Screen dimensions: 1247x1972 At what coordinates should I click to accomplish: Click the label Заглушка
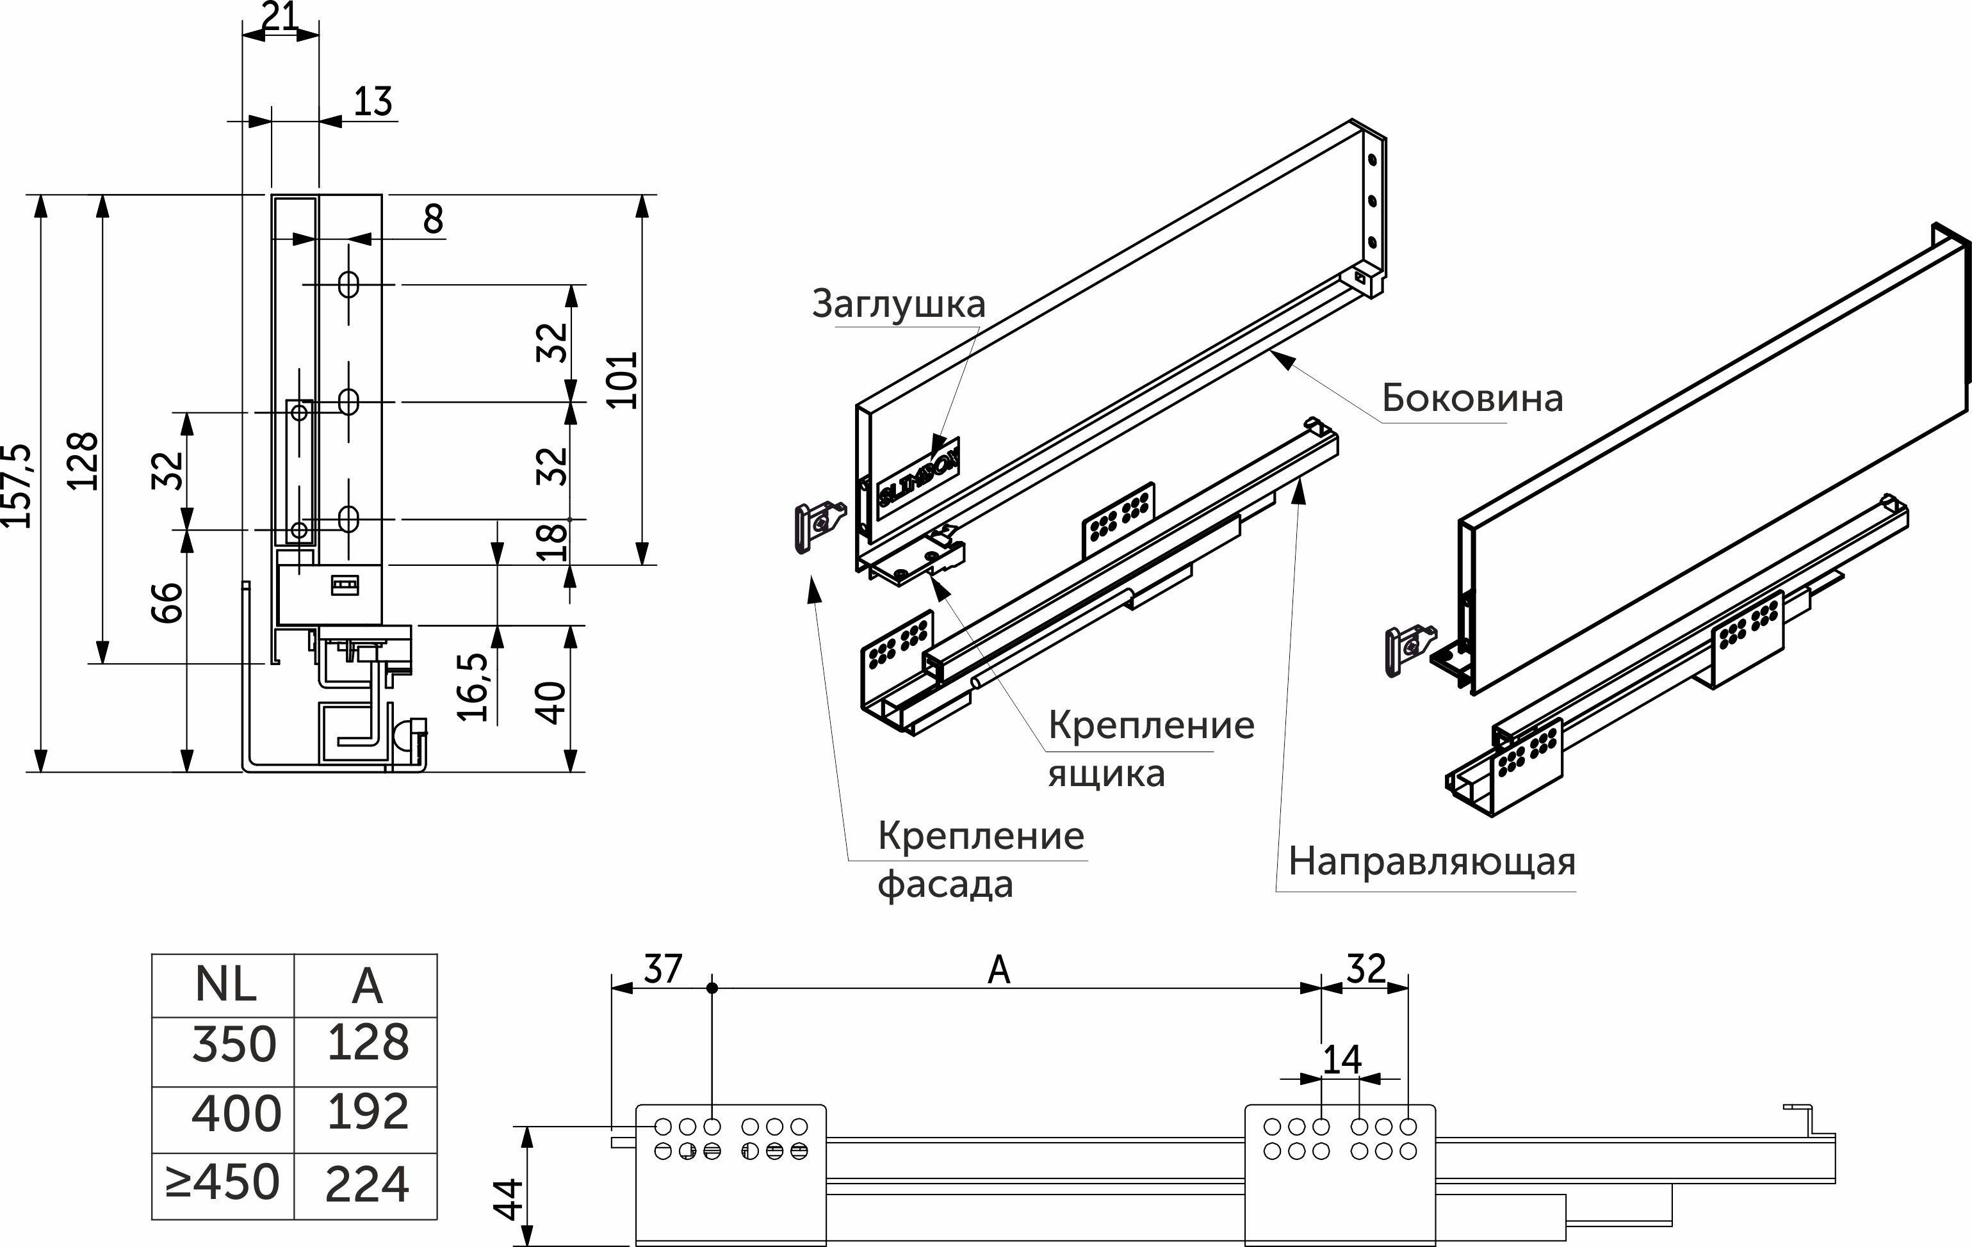[x=899, y=305]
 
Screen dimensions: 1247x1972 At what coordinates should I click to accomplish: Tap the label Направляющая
[x=1431, y=862]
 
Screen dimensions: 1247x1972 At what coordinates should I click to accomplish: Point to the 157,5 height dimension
[x=18, y=485]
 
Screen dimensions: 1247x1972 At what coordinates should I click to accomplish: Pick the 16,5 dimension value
[x=474, y=686]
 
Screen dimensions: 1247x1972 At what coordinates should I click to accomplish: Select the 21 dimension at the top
[x=280, y=17]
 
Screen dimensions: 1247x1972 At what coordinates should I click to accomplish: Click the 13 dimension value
[x=373, y=102]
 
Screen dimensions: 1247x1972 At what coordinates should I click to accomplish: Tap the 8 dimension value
[x=432, y=220]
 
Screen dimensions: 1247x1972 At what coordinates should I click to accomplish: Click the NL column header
[x=225, y=985]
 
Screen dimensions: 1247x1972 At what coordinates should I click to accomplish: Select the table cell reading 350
[x=233, y=1045]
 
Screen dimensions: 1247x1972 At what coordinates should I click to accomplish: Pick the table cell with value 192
[x=367, y=1113]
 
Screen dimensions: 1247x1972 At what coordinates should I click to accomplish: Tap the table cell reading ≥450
[x=223, y=1183]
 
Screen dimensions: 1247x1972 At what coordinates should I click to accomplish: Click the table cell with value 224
[x=367, y=1185]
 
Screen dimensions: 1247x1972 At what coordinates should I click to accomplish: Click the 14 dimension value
[x=1341, y=1060]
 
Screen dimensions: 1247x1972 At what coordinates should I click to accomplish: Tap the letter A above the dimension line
[x=998, y=971]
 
